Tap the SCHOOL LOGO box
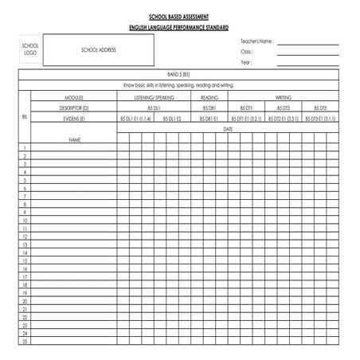(30, 49)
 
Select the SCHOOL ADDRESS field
(98, 49)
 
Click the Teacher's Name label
(256, 41)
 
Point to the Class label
(247, 51)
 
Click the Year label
(246, 61)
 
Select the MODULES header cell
(74, 96)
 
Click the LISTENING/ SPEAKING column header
(154, 96)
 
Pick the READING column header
(209, 96)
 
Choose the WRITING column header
(283, 96)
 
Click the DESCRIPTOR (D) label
(74, 107)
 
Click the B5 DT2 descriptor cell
(283, 107)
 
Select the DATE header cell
(228, 128)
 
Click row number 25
(25, 342)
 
